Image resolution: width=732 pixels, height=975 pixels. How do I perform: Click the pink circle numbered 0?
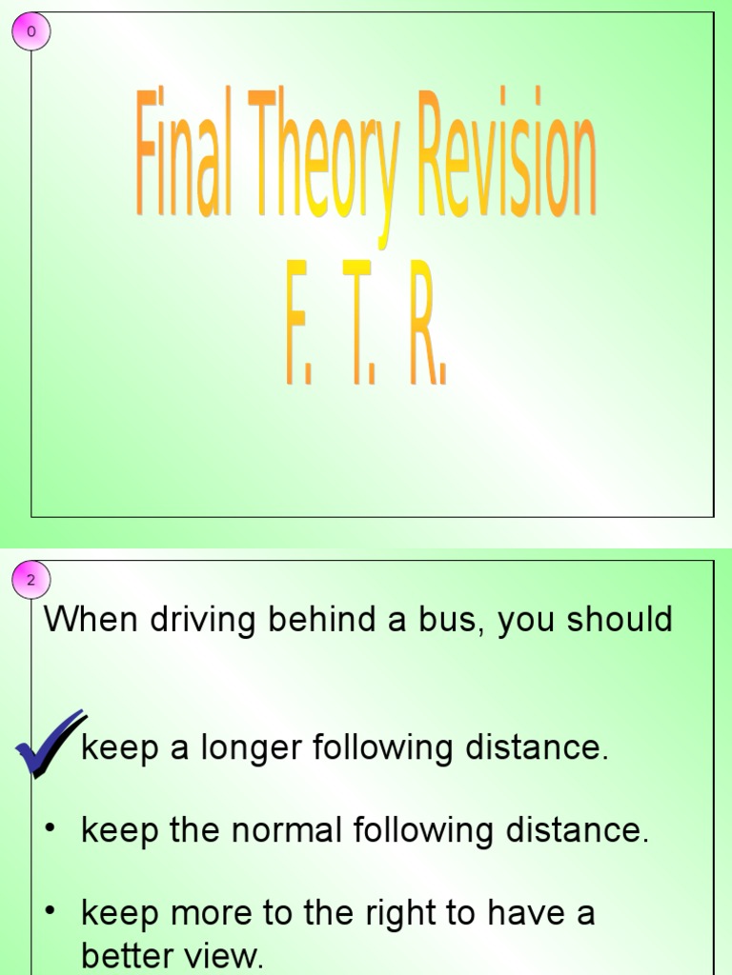[30, 32]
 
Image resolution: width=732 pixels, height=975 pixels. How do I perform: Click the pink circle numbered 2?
[30, 580]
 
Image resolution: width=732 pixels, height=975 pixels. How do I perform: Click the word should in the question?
[620, 620]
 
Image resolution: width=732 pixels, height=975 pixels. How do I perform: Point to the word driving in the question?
[198, 621]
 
